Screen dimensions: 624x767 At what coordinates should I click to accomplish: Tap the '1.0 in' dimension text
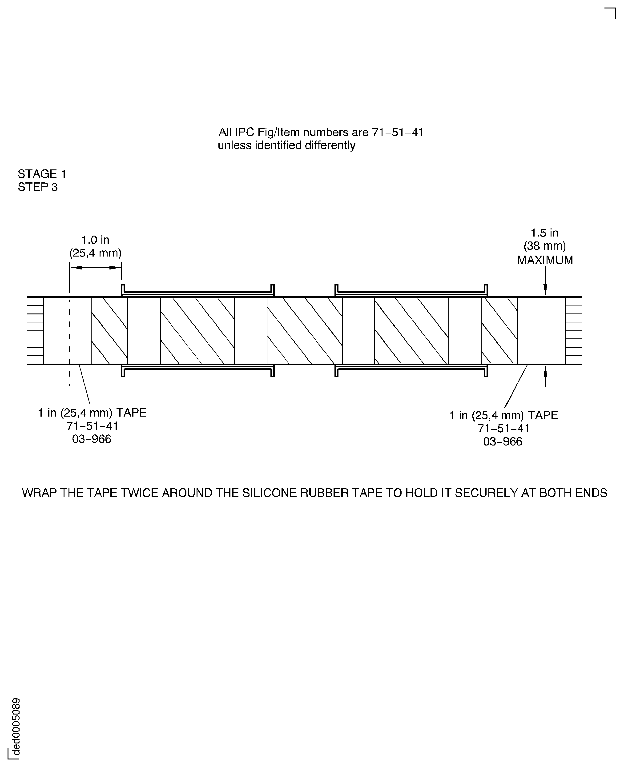pyautogui.click(x=95, y=240)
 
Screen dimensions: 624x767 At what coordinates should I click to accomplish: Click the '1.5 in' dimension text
pyautogui.click(x=545, y=233)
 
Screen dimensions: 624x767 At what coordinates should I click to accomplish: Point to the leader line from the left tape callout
pyautogui.click(x=85, y=385)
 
